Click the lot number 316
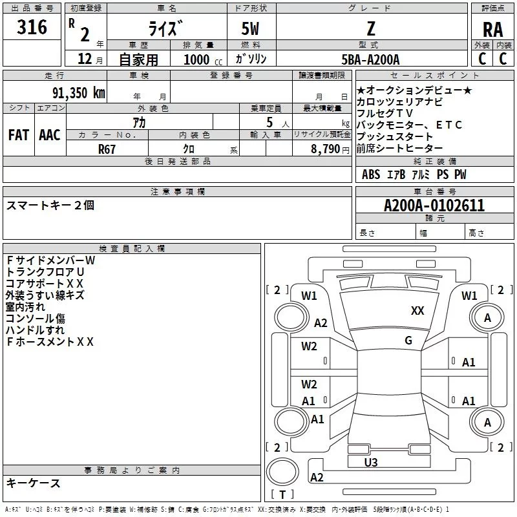pos(32,27)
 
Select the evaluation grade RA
pos(492,29)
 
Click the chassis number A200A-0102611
pos(434,206)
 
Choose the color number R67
pos(107,149)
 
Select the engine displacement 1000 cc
pos(200,59)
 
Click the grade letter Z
pos(370,29)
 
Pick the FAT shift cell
pos(18,135)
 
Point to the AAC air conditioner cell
pos(49,135)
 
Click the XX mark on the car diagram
pos(417,311)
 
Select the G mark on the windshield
pos(408,341)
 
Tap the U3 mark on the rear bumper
pos(370,462)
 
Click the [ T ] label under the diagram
pos(282,494)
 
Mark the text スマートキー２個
pos(50,205)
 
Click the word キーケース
pos(33,483)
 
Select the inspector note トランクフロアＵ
pos(45,271)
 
